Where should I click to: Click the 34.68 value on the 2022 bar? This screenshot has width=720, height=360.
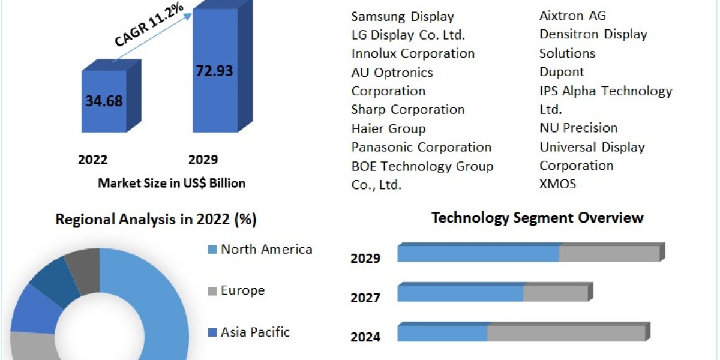104,101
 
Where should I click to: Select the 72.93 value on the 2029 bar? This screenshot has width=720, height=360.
214,70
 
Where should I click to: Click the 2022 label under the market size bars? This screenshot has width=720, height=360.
93,160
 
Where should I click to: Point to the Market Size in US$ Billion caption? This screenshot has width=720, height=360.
172,183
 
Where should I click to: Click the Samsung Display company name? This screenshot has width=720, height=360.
403,16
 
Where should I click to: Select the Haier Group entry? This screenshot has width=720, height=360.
388,128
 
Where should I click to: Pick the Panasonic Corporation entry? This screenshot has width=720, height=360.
421,147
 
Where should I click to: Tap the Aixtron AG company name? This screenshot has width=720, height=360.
572,16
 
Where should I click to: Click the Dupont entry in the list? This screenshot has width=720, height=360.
562,72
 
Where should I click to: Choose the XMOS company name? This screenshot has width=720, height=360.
557,184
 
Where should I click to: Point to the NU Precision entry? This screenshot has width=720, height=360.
578,128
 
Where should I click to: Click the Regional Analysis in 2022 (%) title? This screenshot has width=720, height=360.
156,220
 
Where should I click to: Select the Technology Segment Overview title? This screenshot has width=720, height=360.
537,217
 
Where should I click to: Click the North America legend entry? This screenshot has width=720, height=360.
266,249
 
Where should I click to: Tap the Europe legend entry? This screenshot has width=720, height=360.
242,290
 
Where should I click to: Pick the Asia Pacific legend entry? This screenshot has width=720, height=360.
254,332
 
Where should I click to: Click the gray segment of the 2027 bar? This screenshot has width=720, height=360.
555,293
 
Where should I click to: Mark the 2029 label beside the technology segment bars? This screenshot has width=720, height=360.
365,259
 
